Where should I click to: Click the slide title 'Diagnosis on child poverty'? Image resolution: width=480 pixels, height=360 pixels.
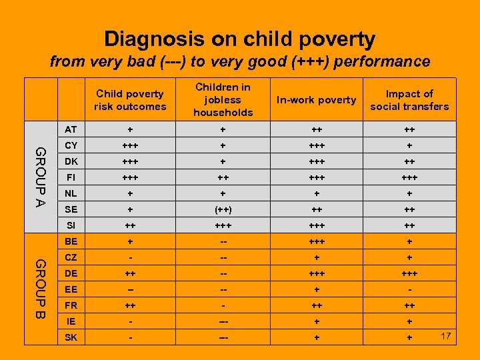coord(240,39)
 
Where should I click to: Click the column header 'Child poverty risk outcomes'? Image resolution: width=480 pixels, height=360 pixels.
coord(130,100)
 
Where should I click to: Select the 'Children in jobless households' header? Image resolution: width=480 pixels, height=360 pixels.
coord(223,100)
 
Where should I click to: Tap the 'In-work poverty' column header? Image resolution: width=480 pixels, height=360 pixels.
coord(317,100)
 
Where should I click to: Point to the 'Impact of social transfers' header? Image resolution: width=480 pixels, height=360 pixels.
coord(409,100)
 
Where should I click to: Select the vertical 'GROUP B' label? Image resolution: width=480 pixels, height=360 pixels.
coord(41,288)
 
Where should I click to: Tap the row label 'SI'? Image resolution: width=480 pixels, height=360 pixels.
coord(71,225)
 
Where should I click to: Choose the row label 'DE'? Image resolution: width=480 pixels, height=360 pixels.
coord(71,273)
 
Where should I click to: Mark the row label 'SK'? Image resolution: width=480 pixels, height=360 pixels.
coord(71,337)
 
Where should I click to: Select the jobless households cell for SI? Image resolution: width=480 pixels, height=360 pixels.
coord(223,225)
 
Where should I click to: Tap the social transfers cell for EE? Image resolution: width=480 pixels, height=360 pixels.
coord(409,290)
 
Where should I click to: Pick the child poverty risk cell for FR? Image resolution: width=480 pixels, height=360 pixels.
coord(130,305)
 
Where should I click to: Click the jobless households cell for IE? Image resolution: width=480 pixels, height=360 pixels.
coord(223,321)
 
